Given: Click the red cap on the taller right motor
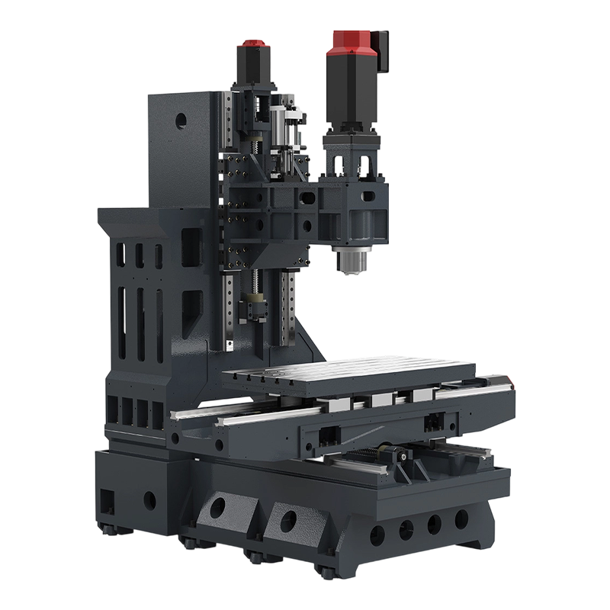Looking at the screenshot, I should tap(350, 43).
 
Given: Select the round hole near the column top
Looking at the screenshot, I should tap(181, 119).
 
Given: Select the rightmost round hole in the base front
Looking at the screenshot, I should tap(461, 519).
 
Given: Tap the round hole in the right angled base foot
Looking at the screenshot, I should tap(288, 522).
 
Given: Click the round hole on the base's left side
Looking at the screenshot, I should tap(149, 501).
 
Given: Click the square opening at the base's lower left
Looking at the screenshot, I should tap(108, 501).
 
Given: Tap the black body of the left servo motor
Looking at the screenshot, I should tap(254, 69).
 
